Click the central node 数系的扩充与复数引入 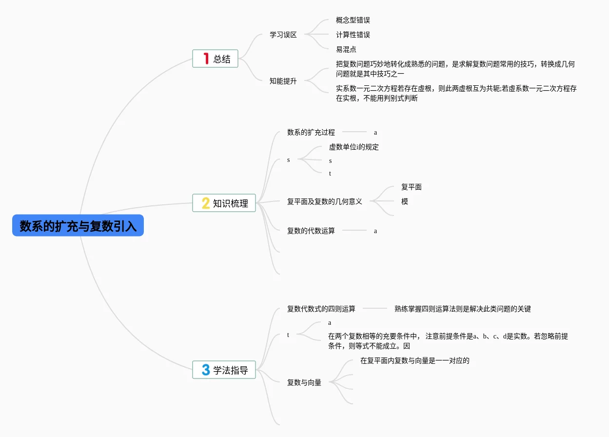pyautogui.click(x=78, y=226)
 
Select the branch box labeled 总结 pyautogui.click(x=216, y=59)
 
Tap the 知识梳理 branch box pyautogui.click(x=224, y=203)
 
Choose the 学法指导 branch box pyautogui.click(x=224, y=370)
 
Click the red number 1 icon pyautogui.click(x=206, y=59)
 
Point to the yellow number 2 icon pyautogui.click(x=206, y=203)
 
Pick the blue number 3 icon pyautogui.click(x=206, y=370)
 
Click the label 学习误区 pyautogui.click(x=283, y=35)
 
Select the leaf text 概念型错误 pyautogui.click(x=353, y=20)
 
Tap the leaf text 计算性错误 pyautogui.click(x=353, y=35)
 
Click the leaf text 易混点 pyautogui.click(x=346, y=49)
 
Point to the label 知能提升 pyautogui.click(x=283, y=81)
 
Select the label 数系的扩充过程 pyautogui.click(x=311, y=132)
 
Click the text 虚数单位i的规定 pyautogui.click(x=354, y=147)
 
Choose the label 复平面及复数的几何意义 pyautogui.click(x=325, y=201)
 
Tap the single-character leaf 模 pyautogui.click(x=405, y=201)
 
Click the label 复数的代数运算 pyautogui.click(x=311, y=231)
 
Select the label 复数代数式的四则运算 pyautogui.click(x=321, y=309)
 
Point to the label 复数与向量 pyautogui.click(x=304, y=382)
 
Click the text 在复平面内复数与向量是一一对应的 pyautogui.click(x=415, y=361)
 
